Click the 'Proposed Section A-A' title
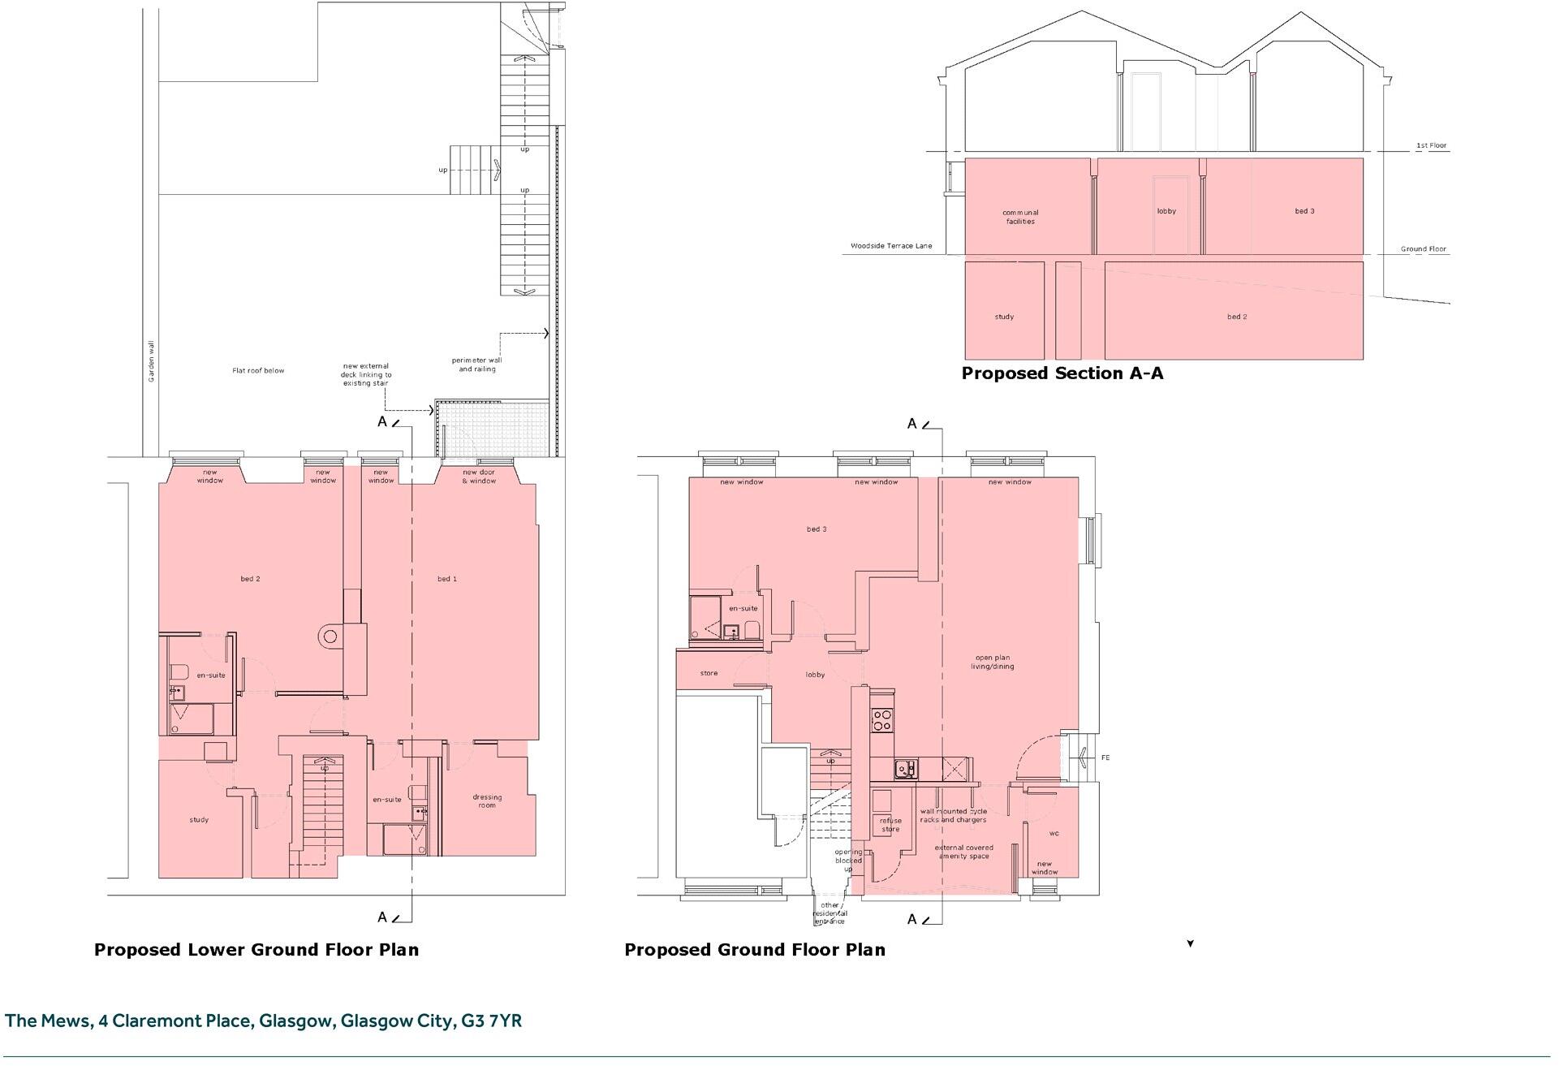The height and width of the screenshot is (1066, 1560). pyautogui.click(x=1062, y=373)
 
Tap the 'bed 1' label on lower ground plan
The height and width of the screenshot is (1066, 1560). pyautogui.click(x=447, y=579)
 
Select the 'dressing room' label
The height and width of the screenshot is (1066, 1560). pyautogui.click(x=487, y=801)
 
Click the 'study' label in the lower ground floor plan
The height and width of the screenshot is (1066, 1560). pyautogui.click(x=199, y=820)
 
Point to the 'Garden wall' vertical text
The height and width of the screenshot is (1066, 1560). pyautogui.click(x=150, y=361)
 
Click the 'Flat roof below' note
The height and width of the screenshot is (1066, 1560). pyautogui.click(x=258, y=371)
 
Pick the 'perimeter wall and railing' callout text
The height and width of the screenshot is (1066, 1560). pyautogui.click(x=477, y=365)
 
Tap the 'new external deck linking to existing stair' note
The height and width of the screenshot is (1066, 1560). pyautogui.click(x=367, y=374)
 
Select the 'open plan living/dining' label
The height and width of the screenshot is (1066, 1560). pyautogui.click(x=992, y=662)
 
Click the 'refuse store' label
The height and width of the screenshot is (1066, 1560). pyautogui.click(x=890, y=825)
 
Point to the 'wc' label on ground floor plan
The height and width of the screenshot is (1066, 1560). pyautogui.click(x=1054, y=834)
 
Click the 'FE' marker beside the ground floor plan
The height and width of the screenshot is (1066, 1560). pyautogui.click(x=1105, y=757)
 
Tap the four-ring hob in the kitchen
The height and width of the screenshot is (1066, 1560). pyautogui.click(x=881, y=719)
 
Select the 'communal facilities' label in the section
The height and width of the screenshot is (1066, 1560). pyautogui.click(x=1020, y=217)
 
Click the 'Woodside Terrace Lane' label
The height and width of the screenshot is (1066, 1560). pyautogui.click(x=891, y=246)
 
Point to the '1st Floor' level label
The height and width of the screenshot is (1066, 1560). pyautogui.click(x=1431, y=146)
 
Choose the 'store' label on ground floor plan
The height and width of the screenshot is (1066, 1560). pyautogui.click(x=709, y=673)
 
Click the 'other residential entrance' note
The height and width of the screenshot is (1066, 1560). pyautogui.click(x=830, y=913)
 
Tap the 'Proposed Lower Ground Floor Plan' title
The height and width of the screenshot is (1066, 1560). pyautogui.click(x=256, y=950)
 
